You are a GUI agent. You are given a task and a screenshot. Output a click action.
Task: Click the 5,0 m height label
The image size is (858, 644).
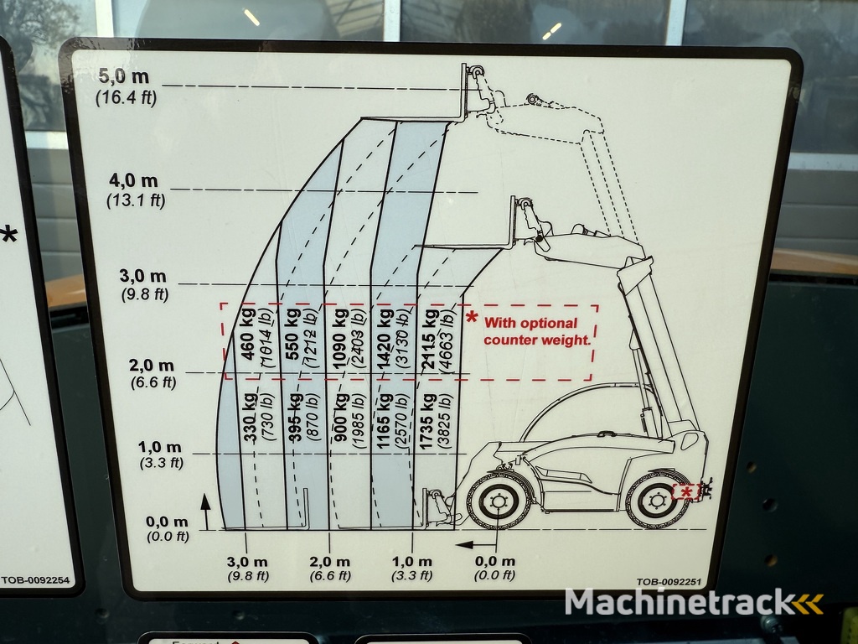point(124,76)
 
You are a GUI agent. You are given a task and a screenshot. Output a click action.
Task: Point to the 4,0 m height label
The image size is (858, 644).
point(133,180)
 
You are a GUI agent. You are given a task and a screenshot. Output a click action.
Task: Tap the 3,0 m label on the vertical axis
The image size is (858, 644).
point(142,275)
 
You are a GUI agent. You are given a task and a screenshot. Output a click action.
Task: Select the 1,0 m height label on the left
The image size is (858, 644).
point(159,447)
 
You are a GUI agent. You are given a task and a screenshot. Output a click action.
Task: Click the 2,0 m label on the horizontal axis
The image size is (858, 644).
point(329,562)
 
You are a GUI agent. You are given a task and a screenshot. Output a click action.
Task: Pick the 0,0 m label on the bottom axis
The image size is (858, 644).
point(494,561)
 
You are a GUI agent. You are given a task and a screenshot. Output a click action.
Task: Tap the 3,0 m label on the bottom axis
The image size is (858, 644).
point(247,562)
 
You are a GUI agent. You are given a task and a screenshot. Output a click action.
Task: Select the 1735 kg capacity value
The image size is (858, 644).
point(427,421)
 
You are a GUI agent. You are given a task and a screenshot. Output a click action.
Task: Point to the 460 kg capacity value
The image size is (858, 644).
point(248,334)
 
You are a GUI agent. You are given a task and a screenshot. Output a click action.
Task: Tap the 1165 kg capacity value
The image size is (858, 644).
point(384,421)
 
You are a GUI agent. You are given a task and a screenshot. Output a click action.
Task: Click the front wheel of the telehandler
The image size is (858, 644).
point(498,501)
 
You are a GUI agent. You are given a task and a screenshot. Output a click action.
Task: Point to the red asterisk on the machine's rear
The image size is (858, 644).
point(685,491)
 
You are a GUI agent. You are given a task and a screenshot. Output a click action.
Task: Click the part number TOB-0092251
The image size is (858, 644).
point(668,582)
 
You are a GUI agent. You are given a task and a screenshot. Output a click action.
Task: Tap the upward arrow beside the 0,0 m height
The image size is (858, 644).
point(205,511)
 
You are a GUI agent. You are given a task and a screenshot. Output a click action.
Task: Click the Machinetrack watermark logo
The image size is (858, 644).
point(694,603)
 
